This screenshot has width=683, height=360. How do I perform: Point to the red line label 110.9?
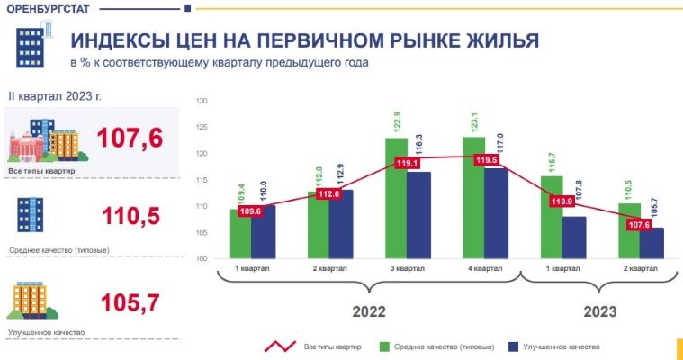562,201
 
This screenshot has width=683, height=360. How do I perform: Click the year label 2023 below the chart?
598,311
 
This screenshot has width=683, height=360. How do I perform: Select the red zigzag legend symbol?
280,346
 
